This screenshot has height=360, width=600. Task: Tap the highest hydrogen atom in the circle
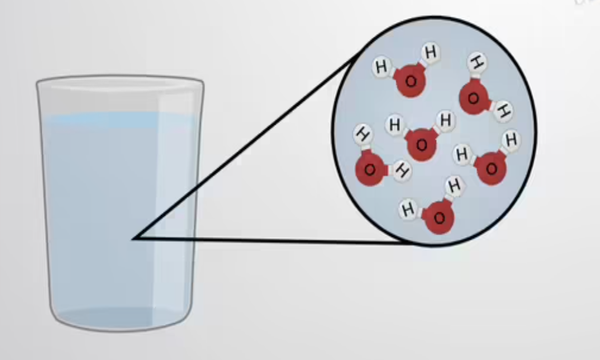point(430,51)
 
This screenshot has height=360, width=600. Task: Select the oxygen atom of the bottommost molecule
point(437,218)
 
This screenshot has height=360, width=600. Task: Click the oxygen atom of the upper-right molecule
point(474,96)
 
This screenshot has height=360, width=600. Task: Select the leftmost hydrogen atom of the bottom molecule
point(407,210)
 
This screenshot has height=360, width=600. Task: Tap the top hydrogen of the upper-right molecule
point(478,63)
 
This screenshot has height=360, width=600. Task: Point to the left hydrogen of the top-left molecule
point(381,67)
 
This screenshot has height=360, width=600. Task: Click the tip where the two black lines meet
point(134,238)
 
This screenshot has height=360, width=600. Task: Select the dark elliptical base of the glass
point(119,318)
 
